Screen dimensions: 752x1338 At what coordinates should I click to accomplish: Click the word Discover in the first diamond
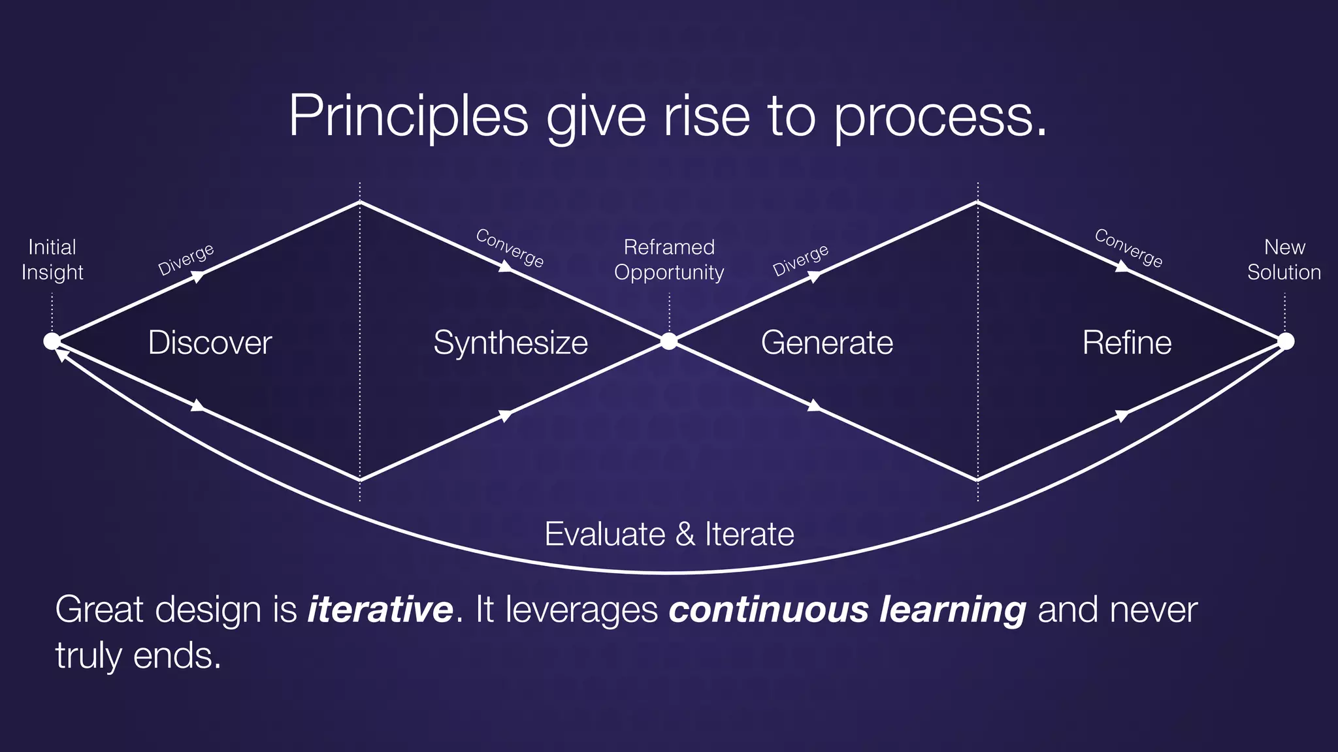(210, 343)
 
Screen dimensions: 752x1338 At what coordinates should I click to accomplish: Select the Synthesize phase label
(510, 343)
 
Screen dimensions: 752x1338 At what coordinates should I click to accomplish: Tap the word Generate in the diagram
(826, 343)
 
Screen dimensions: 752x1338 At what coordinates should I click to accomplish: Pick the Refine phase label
(1126, 343)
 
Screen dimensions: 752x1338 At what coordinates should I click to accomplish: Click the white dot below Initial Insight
(52, 341)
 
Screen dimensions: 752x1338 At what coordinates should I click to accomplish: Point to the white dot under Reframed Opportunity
(669, 341)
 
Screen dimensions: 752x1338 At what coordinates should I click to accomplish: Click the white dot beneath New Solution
(1285, 341)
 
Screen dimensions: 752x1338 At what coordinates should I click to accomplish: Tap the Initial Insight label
(52, 259)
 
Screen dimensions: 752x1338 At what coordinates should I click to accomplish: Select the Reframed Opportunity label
(669, 259)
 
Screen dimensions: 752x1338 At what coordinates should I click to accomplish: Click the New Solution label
(1284, 259)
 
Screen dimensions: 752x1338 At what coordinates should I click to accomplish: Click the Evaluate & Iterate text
(669, 534)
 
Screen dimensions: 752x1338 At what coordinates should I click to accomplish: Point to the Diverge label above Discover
(186, 259)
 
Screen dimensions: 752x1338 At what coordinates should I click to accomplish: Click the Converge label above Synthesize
(510, 248)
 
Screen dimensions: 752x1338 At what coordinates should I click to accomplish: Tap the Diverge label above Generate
(800, 260)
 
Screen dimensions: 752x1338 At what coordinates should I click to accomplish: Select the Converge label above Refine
(1128, 248)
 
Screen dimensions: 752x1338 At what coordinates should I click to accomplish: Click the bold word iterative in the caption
(380, 609)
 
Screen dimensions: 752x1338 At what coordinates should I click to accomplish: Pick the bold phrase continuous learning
(847, 609)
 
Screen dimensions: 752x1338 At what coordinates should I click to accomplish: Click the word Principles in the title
(408, 116)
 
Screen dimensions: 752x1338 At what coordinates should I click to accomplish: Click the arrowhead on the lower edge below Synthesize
(506, 415)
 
